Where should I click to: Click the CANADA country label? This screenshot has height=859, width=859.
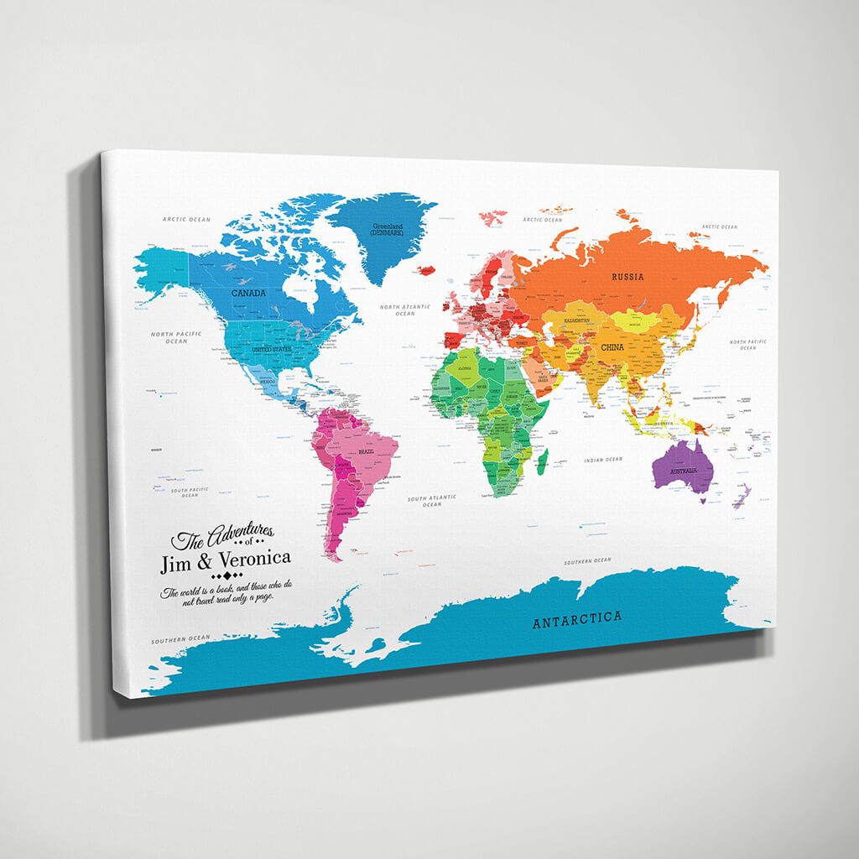[248, 294]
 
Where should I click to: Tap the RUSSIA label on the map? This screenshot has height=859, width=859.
[627, 277]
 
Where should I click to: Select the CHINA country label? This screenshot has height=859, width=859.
[612, 346]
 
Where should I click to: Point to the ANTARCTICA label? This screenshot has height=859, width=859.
[579, 619]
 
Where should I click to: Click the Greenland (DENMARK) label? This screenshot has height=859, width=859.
[388, 228]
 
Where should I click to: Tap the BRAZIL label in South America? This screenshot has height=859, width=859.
[366, 452]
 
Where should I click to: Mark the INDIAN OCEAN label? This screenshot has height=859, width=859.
[603, 460]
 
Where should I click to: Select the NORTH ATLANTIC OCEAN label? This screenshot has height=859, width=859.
[404, 311]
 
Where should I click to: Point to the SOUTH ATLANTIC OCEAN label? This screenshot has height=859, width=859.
[431, 502]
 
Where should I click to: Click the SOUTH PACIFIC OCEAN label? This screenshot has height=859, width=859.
[190, 492]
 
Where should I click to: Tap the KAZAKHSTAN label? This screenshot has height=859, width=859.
[575, 320]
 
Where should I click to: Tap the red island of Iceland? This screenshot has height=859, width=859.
[425, 268]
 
